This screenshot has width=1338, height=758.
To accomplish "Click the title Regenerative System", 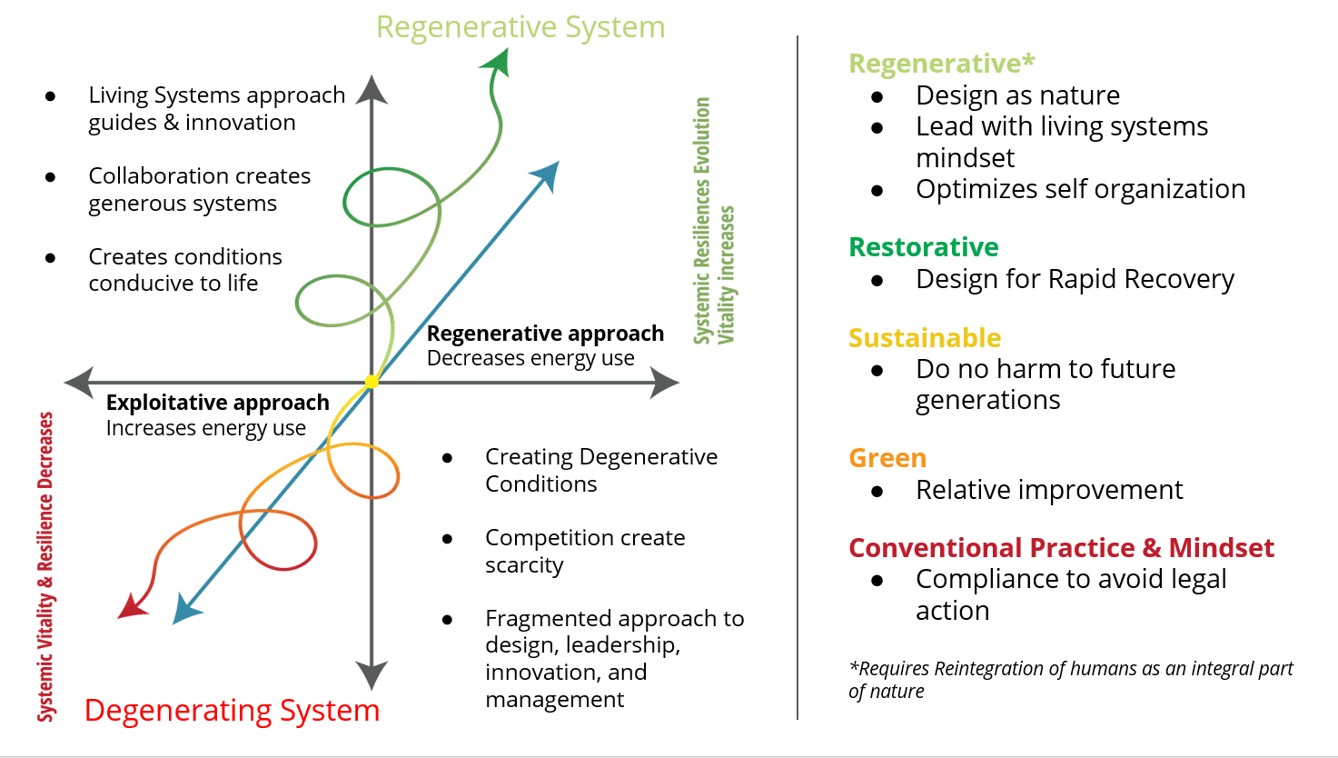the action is [520, 27].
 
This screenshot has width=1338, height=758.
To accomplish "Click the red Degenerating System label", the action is [232, 711].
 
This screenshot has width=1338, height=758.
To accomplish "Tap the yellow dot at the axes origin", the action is [372, 382].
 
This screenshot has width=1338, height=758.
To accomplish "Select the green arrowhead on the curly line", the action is [497, 63].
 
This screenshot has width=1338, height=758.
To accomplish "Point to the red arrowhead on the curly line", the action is [132, 606].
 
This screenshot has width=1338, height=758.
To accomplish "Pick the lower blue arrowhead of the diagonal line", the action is [186, 609].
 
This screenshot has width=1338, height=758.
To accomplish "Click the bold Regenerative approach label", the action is [545, 334].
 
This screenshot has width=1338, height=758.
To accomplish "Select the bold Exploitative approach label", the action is [217, 403].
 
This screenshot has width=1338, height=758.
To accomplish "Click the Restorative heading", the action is [924, 247].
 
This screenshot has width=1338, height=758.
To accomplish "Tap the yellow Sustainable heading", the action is [925, 338].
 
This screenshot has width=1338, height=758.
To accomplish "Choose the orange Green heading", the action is [887, 458].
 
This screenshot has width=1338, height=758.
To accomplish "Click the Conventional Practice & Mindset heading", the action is [1062, 547].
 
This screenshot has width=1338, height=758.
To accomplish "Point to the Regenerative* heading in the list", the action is [941, 64].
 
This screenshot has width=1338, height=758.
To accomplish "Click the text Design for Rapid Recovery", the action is [1075, 279].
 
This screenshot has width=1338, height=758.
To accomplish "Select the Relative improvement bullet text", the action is [1049, 490].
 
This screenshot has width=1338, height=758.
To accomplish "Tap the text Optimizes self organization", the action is [1081, 189].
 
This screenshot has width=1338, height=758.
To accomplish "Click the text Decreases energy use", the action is [530, 358].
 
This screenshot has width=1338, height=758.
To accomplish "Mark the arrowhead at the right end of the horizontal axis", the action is [664, 382].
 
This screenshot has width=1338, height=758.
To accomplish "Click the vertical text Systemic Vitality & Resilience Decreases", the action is [45, 567].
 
